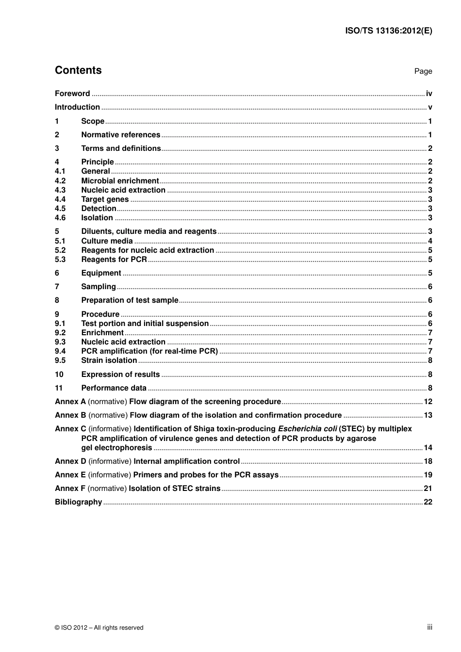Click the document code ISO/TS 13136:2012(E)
[388, 31]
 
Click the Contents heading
[78, 70]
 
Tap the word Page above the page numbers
[423, 71]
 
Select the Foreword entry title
[72, 94]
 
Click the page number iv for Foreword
[429, 94]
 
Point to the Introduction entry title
[77, 107]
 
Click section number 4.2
[60, 181]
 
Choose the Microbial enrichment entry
[120, 181]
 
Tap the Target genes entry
[105, 199]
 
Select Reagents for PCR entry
[114, 260]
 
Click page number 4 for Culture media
[430, 241]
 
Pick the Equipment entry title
[101, 273]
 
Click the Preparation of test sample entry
[130, 300]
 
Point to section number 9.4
[60, 351]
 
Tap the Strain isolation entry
[109, 360]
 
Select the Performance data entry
[114, 388]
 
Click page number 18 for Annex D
[428, 461]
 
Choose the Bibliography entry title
[78, 502]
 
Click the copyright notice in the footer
[99, 628]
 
